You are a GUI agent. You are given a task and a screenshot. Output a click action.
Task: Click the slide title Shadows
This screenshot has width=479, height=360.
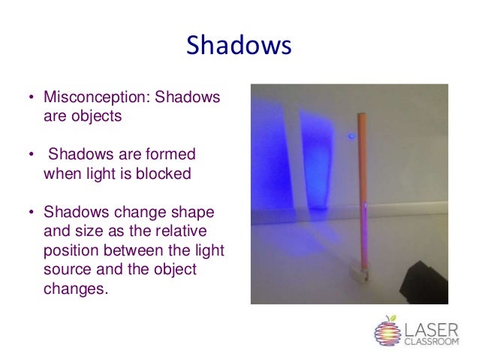(x=239, y=45)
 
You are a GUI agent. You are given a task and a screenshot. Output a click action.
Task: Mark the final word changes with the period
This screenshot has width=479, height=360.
(x=77, y=288)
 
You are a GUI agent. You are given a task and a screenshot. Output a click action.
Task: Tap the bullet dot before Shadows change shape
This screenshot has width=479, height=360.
(x=31, y=212)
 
